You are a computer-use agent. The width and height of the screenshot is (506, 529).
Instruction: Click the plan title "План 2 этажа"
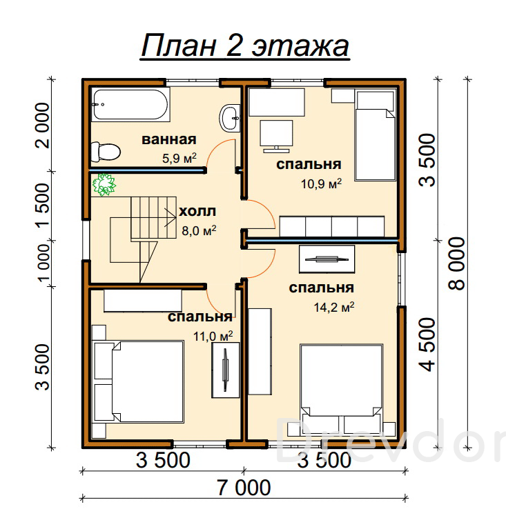(245, 46)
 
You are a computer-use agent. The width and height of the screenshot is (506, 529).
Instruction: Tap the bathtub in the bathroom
(130, 104)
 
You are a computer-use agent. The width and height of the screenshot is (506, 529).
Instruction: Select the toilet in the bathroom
(106, 152)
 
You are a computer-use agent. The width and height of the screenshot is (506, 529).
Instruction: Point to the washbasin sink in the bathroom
(230, 118)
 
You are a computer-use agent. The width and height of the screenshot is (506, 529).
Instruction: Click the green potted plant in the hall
(104, 185)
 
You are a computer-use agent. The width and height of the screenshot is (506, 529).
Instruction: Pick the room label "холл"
(197, 212)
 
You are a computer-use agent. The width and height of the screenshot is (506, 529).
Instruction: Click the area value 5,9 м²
(179, 158)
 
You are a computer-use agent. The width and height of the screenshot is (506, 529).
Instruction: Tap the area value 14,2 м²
(334, 307)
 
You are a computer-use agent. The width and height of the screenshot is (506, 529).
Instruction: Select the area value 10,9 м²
(321, 183)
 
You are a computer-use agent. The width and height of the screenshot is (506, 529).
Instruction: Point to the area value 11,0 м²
(213, 336)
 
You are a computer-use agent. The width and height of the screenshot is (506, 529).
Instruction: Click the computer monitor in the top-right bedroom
(276, 137)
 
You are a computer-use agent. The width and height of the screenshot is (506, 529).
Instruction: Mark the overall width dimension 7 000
(244, 488)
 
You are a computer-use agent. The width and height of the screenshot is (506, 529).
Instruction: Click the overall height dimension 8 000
(457, 263)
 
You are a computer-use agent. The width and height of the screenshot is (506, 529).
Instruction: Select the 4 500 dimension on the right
(427, 344)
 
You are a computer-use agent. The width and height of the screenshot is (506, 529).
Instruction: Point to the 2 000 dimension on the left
(43, 126)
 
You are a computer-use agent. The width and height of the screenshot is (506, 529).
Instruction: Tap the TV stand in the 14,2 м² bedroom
(327, 259)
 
